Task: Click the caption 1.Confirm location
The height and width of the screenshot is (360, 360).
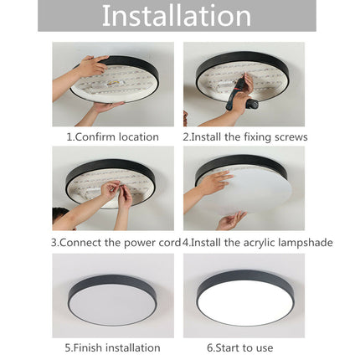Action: (112, 136)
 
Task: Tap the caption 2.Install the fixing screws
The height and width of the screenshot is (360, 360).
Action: (244, 136)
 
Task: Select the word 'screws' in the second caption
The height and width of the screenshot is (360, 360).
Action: (291, 136)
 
